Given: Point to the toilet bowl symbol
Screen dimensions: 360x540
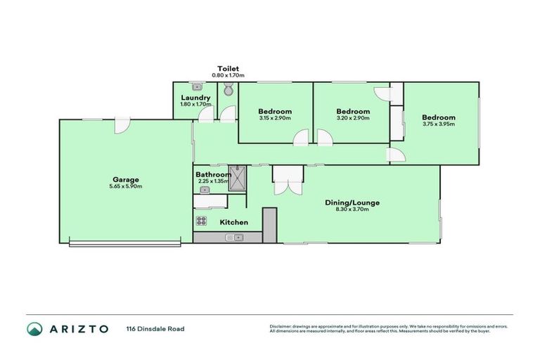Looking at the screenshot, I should pyautogui.click(x=227, y=89).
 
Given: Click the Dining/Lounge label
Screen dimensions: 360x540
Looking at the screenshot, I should pyautogui.click(x=352, y=202).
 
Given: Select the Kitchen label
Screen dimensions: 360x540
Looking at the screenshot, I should pyautogui.click(x=234, y=222).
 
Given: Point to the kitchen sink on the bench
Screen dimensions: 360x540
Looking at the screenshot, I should pyautogui.click(x=233, y=238).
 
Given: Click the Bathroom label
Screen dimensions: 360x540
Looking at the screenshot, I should pyautogui.click(x=212, y=174).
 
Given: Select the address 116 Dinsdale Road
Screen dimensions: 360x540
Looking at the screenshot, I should pyautogui.click(x=155, y=328).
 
